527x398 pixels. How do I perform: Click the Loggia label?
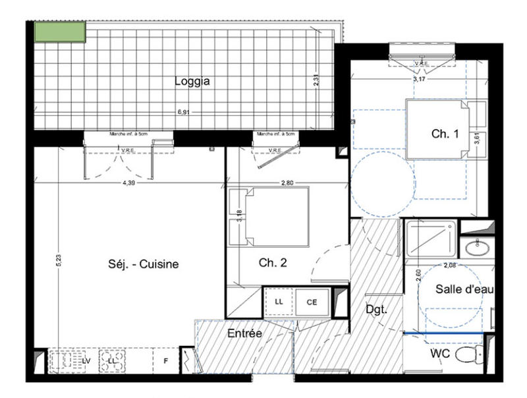(x=192, y=82)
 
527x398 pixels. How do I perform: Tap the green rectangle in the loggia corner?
(x=60, y=32)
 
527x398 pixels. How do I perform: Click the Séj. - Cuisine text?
(x=144, y=264)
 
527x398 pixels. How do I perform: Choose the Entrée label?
(x=245, y=334)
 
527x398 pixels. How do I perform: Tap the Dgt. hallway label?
(x=375, y=308)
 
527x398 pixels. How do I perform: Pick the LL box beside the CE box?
(x=279, y=302)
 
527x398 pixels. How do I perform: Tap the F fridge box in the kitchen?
(x=165, y=361)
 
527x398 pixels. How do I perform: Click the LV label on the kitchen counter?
(x=86, y=361)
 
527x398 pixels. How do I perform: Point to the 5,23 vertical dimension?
(x=59, y=262)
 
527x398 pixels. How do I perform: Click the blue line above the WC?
(x=445, y=334)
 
